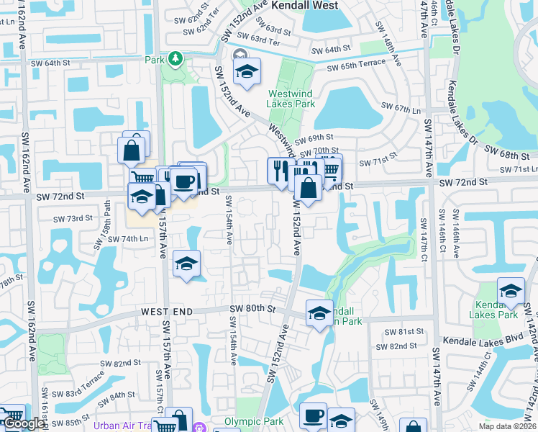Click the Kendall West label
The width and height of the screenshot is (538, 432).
(x=305, y=5)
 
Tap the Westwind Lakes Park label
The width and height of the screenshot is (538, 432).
(x=291, y=99)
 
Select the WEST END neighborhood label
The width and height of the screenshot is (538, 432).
(x=170, y=311)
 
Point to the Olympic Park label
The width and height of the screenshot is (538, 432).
(x=250, y=421)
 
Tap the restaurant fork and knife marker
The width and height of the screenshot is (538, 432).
(x=278, y=169)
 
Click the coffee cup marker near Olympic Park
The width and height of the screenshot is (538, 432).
(x=313, y=415)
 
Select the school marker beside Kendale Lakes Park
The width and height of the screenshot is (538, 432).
(x=511, y=289)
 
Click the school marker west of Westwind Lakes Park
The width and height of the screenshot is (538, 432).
(x=247, y=71)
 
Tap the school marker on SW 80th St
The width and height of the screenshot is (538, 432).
(x=319, y=312)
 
